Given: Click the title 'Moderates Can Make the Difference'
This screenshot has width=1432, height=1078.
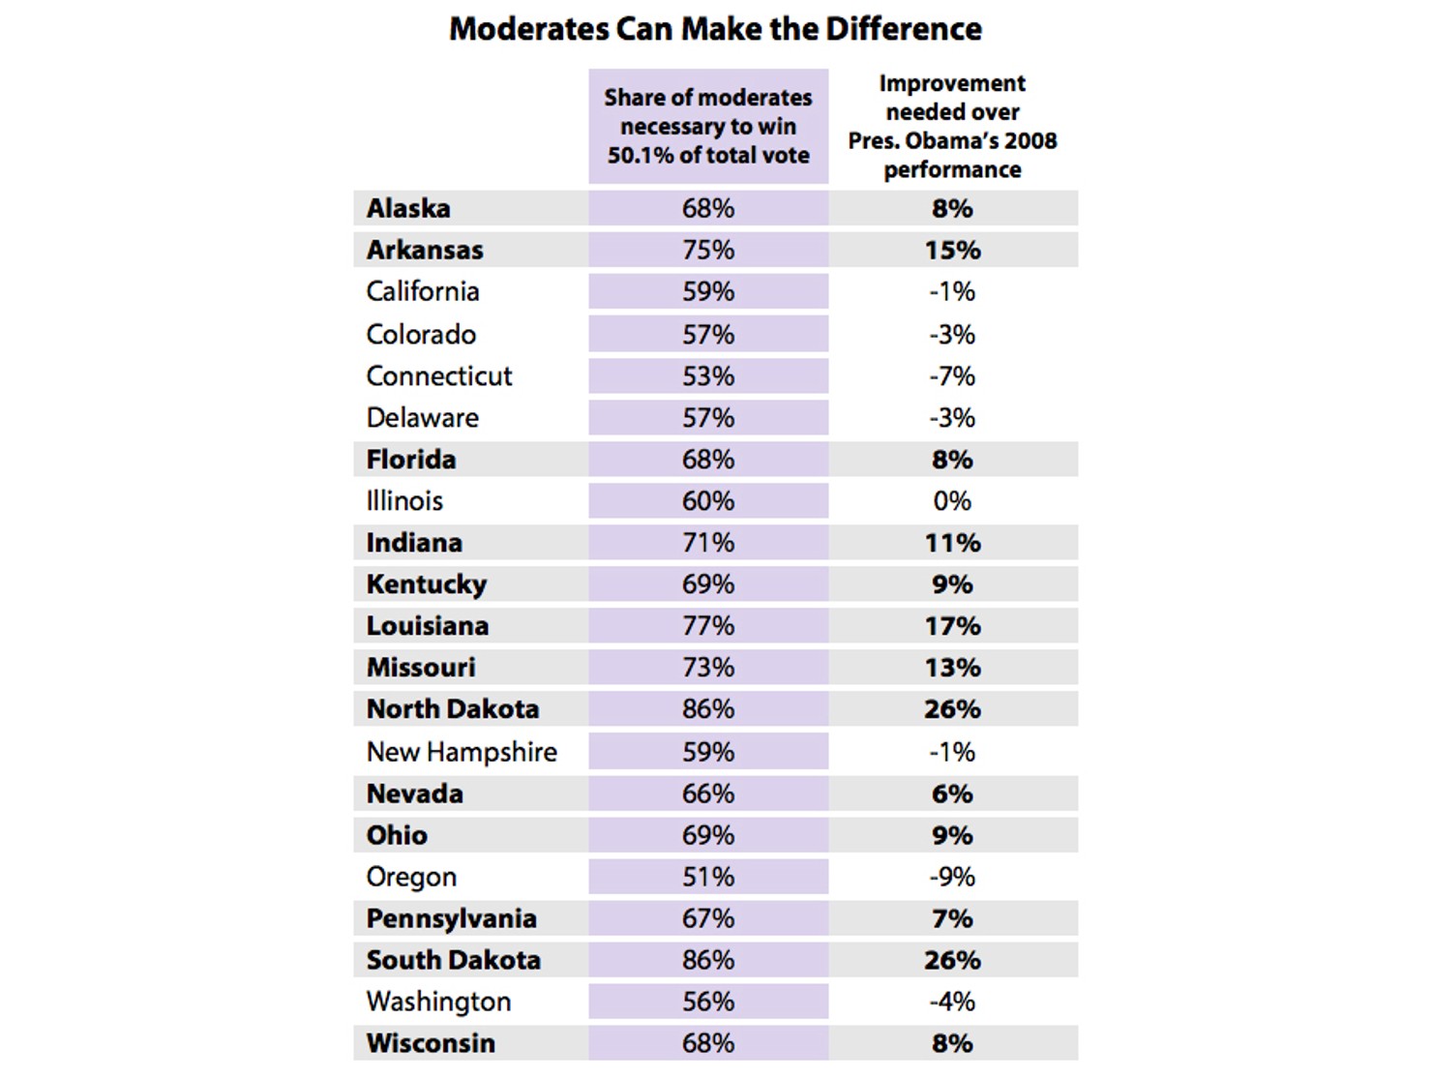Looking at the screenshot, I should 715,29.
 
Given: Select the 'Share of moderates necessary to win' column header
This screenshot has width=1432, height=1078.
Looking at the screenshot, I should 708,126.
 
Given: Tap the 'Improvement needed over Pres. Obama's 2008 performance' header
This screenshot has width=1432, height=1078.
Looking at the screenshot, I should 952,126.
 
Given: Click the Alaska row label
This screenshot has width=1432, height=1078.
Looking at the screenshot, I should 408,208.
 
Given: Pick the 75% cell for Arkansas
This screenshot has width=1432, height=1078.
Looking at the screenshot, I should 708,250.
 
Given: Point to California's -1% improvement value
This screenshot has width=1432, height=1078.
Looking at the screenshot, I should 952,291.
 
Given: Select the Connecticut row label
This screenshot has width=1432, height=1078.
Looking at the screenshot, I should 439,375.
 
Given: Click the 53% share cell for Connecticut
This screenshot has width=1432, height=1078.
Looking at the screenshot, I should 708,375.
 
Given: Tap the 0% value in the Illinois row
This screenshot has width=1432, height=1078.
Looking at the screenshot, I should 952,500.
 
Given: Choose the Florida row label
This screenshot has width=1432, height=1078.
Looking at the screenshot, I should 411,459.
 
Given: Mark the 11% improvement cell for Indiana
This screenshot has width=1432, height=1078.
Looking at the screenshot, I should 952,542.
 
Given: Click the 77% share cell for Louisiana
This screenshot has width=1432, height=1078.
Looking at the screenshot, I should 708,625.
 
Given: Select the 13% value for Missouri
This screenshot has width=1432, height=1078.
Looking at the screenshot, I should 952,667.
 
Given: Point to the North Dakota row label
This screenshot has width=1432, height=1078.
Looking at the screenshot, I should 453,708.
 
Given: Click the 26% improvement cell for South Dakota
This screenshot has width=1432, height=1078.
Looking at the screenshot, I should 952,960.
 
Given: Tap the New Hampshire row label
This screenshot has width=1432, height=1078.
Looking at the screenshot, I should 462,751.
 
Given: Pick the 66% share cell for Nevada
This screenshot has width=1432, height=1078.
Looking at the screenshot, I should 708,794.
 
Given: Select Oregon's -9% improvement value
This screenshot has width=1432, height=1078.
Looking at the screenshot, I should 952,877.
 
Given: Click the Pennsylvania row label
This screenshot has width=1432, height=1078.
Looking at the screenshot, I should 451,918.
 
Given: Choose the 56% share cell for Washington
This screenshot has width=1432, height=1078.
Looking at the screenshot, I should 708,1002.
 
